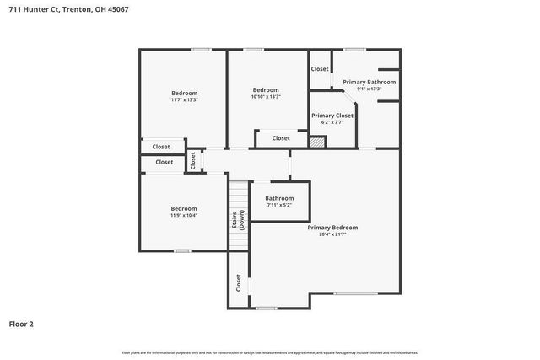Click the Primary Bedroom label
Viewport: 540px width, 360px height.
[x=332, y=228]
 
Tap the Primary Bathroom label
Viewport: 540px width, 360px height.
[x=369, y=82]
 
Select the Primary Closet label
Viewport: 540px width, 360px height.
[x=332, y=116]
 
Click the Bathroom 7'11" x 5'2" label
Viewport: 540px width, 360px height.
[x=279, y=198]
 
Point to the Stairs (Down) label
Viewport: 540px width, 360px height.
[x=238, y=221]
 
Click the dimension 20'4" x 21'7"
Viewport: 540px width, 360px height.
[x=332, y=235]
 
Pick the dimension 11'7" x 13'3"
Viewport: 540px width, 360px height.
[x=184, y=100]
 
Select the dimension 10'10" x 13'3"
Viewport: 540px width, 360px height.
[x=266, y=97]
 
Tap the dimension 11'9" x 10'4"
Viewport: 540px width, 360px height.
[x=184, y=216]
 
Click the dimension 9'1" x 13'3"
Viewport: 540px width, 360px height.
[x=369, y=89]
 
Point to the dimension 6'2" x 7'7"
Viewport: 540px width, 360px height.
[x=332, y=123]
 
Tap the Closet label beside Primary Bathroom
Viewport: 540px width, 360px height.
[x=320, y=69]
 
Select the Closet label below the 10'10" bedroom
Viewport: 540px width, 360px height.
[x=281, y=138]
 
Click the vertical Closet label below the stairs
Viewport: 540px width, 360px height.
[x=239, y=283]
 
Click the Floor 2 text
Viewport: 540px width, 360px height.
[x=21, y=323]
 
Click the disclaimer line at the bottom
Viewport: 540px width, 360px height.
[x=270, y=352]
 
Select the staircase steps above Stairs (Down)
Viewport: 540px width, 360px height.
[x=239, y=193]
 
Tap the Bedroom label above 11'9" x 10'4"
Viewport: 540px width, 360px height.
[x=184, y=208]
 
